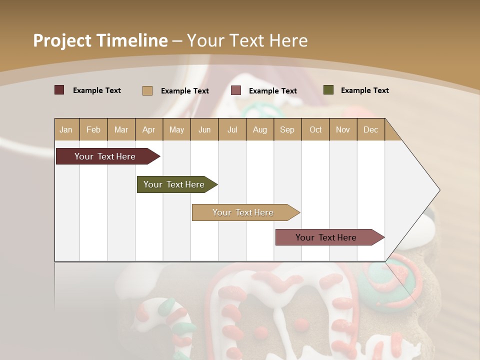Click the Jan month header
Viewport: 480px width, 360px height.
[66, 130]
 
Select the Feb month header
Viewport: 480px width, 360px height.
[93, 130]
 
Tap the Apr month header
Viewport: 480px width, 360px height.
[148, 130]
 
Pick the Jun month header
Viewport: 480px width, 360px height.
[204, 130]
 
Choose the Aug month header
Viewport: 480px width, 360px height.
[259, 130]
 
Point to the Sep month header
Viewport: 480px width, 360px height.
[287, 130]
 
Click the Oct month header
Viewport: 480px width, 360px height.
[315, 130]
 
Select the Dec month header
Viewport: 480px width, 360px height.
[370, 130]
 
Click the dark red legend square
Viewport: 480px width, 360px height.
[59, 90]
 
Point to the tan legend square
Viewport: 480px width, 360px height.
[147, 90]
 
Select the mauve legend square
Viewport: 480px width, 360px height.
[236, 90]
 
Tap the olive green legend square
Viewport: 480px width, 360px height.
[328, 90]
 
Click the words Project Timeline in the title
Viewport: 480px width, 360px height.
[100, 40]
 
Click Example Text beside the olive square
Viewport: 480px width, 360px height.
[364, 90]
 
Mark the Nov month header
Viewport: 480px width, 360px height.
[343, 130]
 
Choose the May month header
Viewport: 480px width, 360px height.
[176, 130]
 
